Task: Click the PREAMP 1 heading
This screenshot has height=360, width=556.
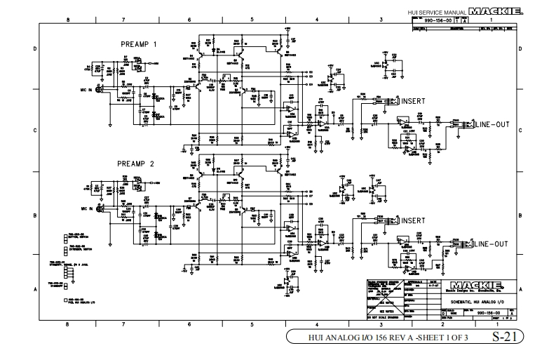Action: coord(139,44)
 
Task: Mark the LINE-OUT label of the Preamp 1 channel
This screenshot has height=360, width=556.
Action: coord(492,125)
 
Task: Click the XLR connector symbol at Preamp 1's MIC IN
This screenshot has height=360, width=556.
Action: coord(100,90)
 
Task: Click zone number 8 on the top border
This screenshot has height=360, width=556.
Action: coord(67,20)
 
